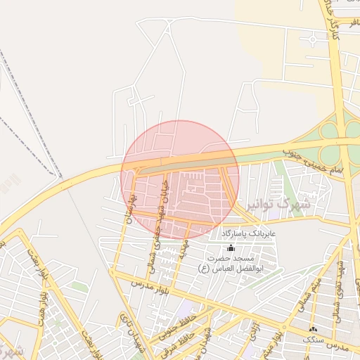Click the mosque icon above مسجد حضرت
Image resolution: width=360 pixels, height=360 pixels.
point(231,247)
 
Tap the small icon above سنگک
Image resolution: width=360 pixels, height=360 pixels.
point(313,329)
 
